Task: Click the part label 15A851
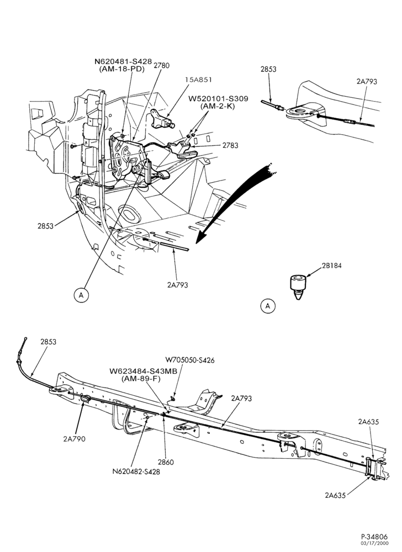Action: point(199,79)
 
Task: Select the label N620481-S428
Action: point(123,62)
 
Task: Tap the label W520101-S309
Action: point(218,99)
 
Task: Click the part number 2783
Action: point(230,145)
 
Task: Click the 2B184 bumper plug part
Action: point(298,287)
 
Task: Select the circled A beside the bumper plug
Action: point(268,306)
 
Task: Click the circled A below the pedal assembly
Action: point(81,295)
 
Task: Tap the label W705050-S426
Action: point(190,360)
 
